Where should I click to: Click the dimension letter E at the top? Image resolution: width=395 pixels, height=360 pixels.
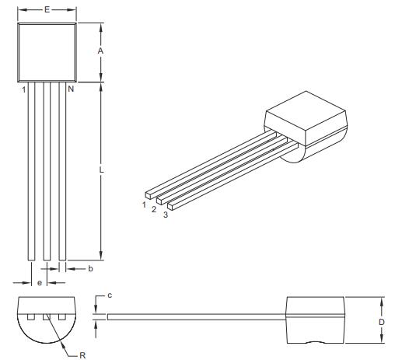tap(47, 10)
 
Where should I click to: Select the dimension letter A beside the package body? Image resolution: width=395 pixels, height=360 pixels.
tap(100, 51)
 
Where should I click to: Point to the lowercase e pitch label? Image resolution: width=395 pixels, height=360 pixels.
tap(40, 282)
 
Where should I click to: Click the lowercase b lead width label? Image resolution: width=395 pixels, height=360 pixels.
tap(90, 268)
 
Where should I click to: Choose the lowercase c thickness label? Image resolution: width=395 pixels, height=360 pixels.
tap(110, 295)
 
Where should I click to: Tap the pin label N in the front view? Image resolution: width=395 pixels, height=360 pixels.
tap(70, 90)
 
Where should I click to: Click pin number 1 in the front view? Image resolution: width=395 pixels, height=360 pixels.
tap(24, 90)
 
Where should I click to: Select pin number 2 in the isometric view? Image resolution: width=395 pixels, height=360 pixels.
tap(154, 209)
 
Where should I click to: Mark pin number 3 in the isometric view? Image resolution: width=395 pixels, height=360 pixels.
tap(164, 215)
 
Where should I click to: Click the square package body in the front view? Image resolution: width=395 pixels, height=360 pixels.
tap(47, 51)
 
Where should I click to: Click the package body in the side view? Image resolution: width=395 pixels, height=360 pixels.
tap(315, 319)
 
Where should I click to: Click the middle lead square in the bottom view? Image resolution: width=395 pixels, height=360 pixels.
tap(47, 317)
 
